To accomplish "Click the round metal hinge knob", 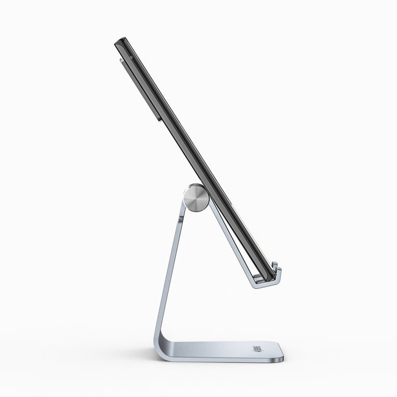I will pyautogui.click(x=196, y=198).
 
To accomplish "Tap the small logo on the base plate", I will pyautogui.click(x=257, y=350).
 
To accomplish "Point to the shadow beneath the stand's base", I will pyautogui.click(x=223, y=364).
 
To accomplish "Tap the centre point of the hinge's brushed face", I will pyautogui.click(x=196, y=198).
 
